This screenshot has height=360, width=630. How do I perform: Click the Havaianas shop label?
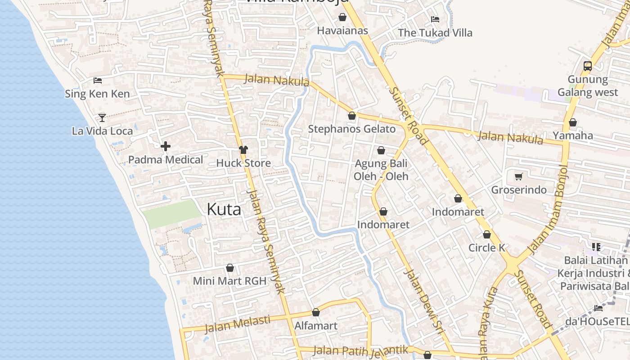(342, 31)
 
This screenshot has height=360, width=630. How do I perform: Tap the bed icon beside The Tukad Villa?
(435, 19)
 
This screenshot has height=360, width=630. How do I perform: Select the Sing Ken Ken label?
(97, 94)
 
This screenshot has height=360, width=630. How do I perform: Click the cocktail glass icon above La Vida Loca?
(102, 118)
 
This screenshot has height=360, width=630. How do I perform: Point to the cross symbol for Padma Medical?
(166, 146)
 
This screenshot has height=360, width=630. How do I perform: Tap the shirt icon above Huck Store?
(243, 150)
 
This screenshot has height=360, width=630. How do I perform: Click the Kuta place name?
(224, 209)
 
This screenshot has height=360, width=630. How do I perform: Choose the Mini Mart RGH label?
(229, 281)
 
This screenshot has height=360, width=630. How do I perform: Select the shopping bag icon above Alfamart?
(316, 312)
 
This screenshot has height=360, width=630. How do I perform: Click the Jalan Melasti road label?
(238, 324)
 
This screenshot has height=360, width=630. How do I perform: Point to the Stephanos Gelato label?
(352, 129)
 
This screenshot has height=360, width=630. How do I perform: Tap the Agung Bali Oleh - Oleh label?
(381, 170)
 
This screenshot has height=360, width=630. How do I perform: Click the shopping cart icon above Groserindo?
(518, 177)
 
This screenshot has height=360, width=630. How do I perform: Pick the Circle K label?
(487, 248)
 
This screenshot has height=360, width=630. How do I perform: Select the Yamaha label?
(573, 135)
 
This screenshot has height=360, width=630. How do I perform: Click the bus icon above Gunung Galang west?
(587, 66)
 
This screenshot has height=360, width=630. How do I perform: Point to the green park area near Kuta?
(171, 214)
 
